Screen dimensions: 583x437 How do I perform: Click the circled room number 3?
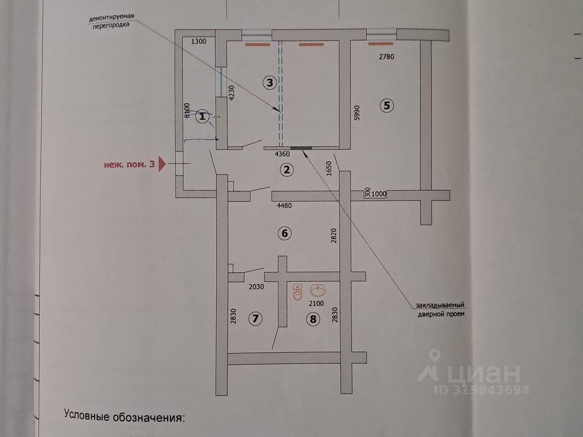270,82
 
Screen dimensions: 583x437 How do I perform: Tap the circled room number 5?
386,106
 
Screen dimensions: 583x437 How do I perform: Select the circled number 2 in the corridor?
286,170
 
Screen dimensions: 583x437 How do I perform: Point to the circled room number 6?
285,233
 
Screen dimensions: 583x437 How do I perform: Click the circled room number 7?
255,318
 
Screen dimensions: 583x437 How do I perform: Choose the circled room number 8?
313,319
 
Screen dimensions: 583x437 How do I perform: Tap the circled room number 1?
202,117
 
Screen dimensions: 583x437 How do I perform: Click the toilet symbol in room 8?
298,292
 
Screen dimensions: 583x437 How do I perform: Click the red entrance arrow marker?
162,164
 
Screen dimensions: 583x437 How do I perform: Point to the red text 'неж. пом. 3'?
129,164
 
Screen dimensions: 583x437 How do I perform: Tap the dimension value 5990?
357,113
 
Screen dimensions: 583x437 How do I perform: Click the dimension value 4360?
282,154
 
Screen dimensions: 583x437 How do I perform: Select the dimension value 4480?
284,206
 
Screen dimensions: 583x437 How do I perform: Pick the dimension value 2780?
386,57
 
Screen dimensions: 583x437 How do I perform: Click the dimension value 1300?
199,41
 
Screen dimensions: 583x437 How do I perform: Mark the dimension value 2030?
256,286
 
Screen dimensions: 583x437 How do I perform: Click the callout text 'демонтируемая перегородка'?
111,21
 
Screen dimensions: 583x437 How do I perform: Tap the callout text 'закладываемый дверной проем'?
441,310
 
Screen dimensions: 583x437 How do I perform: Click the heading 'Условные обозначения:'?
124,416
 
